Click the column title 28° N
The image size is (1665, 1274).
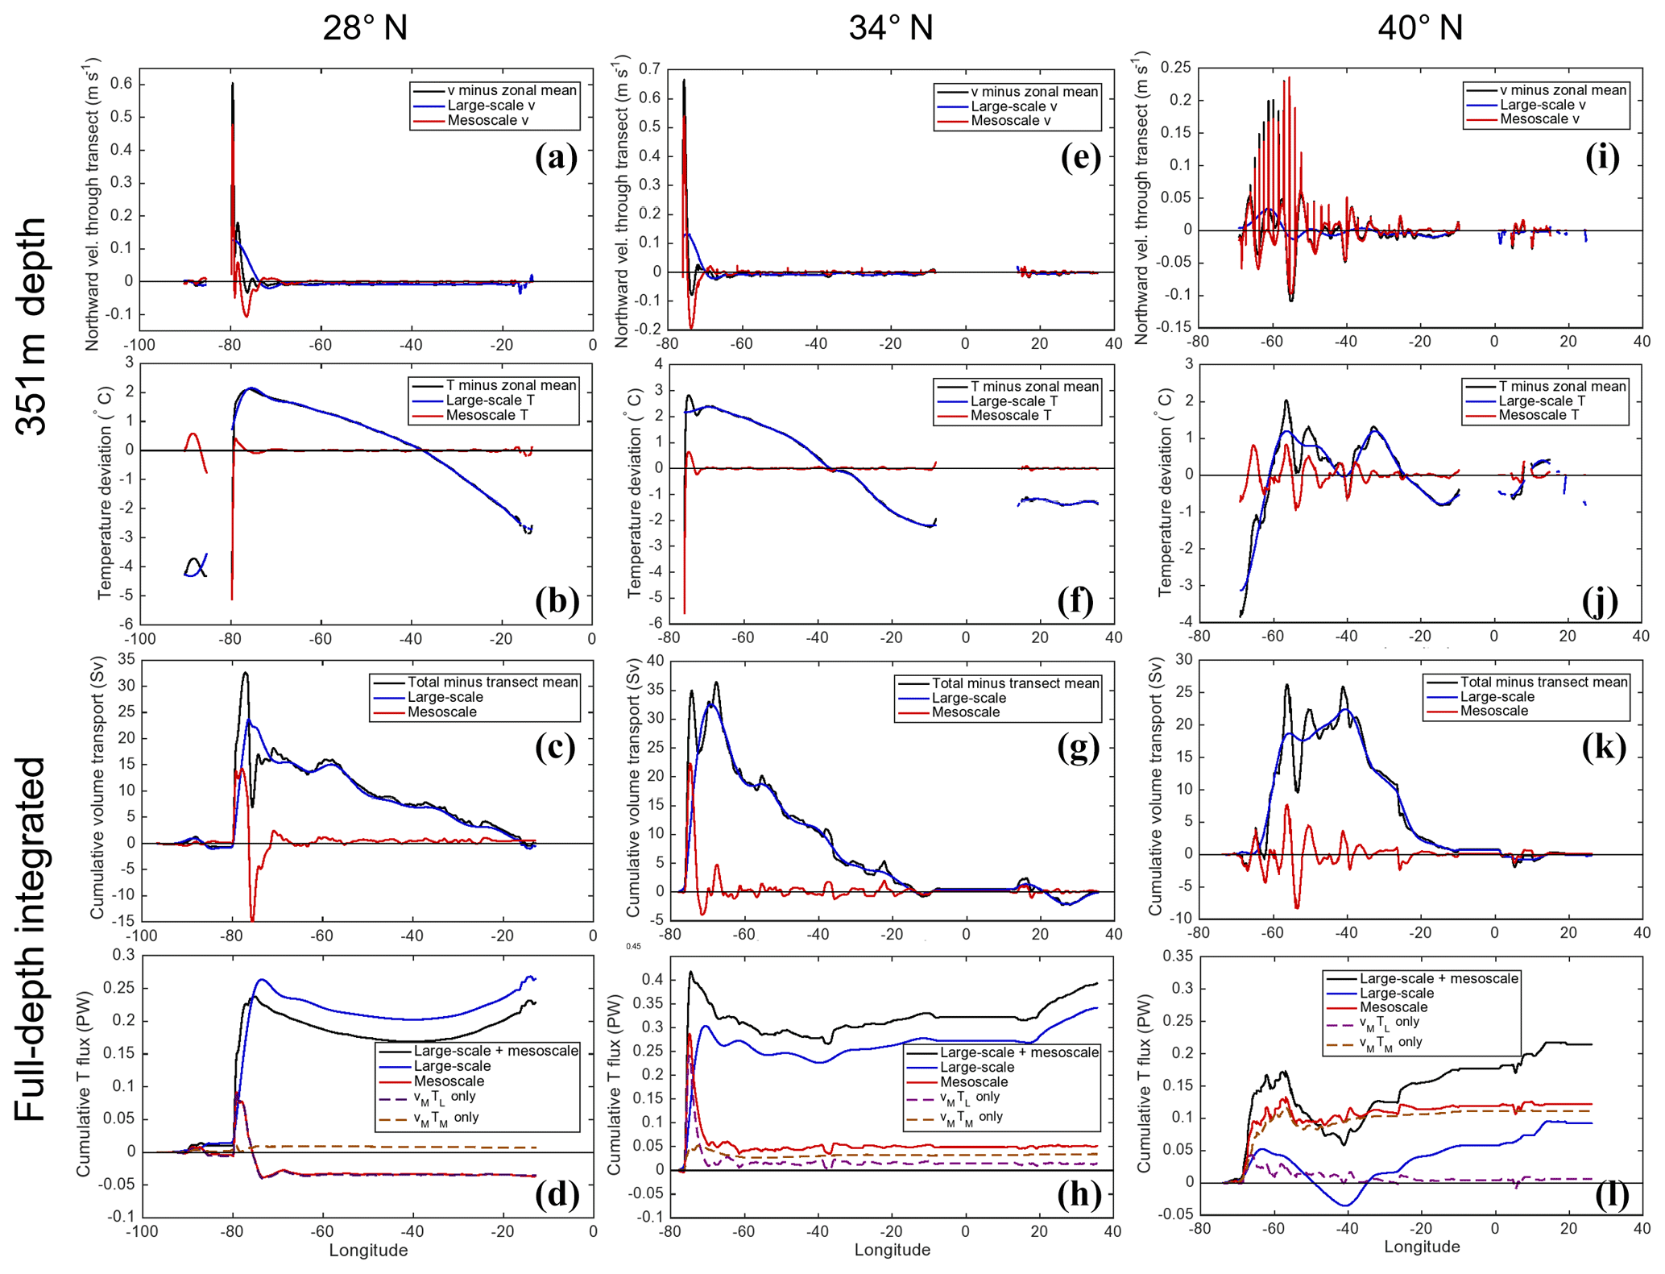click(365, 28)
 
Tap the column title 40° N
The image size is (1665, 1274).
click(1419, 28)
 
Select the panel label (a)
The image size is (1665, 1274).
click(556, 158)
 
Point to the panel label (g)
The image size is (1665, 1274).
click(1079, 748)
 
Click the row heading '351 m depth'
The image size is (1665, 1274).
click(32, 326)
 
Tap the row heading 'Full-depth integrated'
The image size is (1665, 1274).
click(32, 939)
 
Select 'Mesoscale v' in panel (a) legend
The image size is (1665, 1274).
click(487, 121)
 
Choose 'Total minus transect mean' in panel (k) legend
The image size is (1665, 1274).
click(1543, 682)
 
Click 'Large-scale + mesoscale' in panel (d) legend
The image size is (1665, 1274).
click(495, 1051)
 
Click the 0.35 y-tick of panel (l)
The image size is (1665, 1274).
click(1176, 956)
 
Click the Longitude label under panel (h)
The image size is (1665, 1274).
click(892, 1250)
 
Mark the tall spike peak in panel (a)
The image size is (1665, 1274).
click(232, 84)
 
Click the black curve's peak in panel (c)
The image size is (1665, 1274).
click(246, 673)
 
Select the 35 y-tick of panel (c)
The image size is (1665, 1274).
click(126, 659)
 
